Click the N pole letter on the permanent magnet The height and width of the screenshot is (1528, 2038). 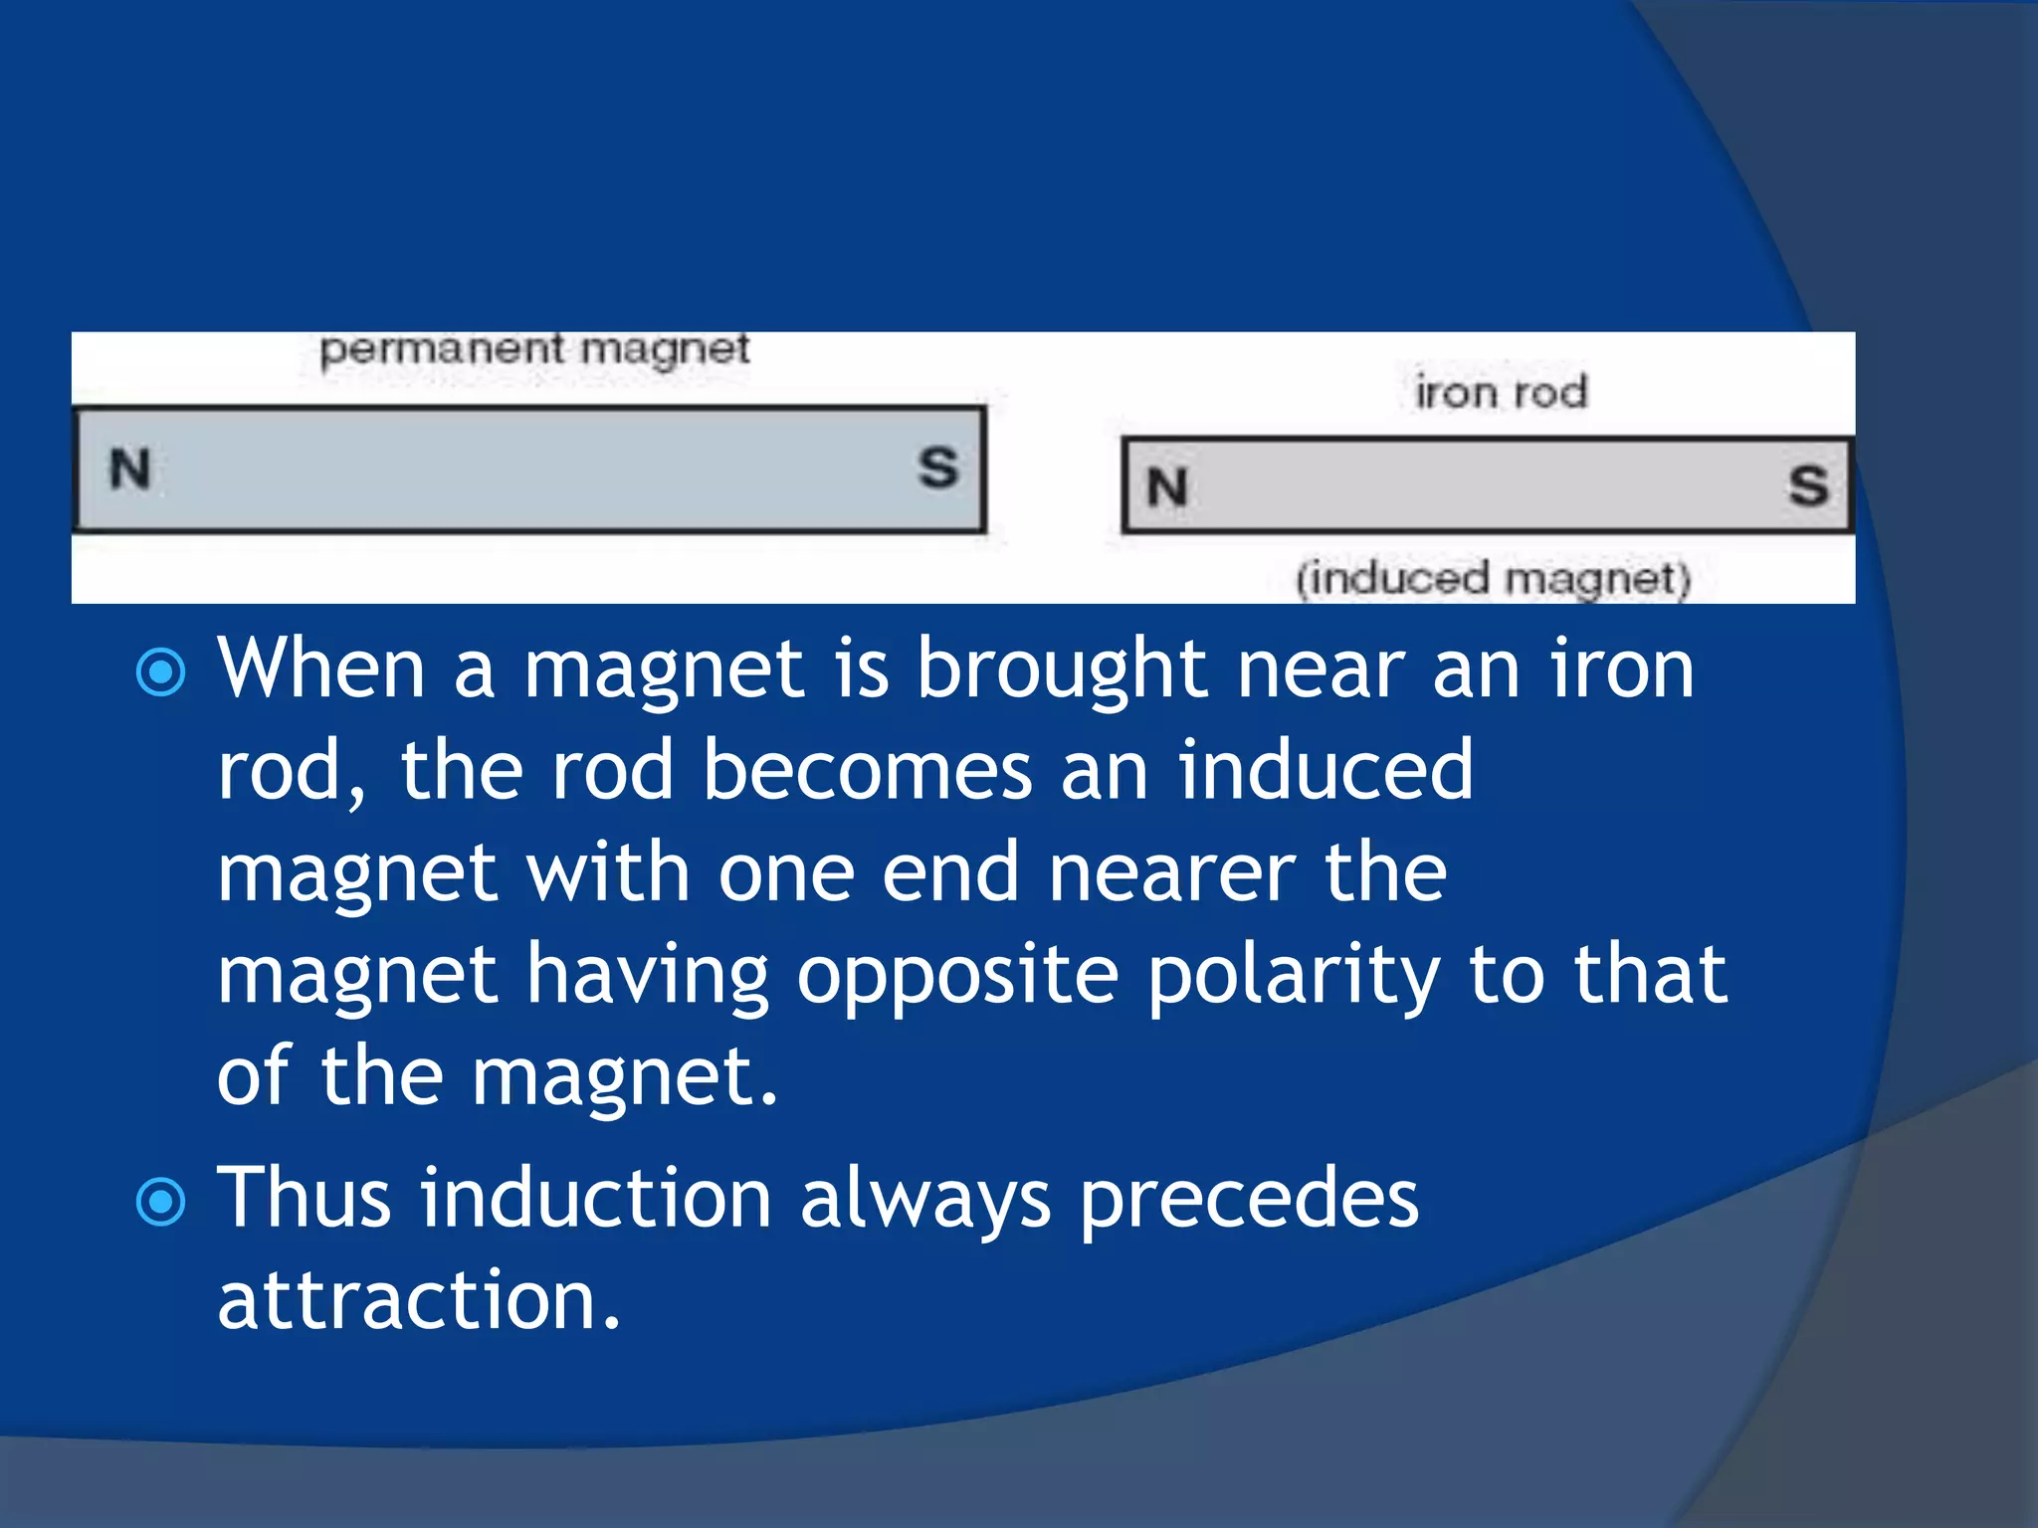[130, 469]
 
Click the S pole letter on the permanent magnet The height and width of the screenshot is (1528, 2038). [937, 468]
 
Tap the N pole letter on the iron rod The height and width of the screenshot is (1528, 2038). [1167, 487]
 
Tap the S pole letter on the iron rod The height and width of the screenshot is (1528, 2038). [1808, 486]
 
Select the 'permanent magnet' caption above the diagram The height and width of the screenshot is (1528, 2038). [534, 350]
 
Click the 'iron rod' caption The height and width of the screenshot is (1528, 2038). [1501, 392]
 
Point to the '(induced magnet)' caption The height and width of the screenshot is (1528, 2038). [1493, 579]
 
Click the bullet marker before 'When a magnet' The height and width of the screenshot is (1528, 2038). [160, 672]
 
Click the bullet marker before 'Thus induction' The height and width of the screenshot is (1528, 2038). [160, 1202]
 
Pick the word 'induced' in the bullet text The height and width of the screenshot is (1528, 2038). [1325, 770]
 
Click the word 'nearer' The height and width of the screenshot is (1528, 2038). [1173, 872]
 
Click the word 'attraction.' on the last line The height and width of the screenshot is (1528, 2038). [419, 1300]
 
